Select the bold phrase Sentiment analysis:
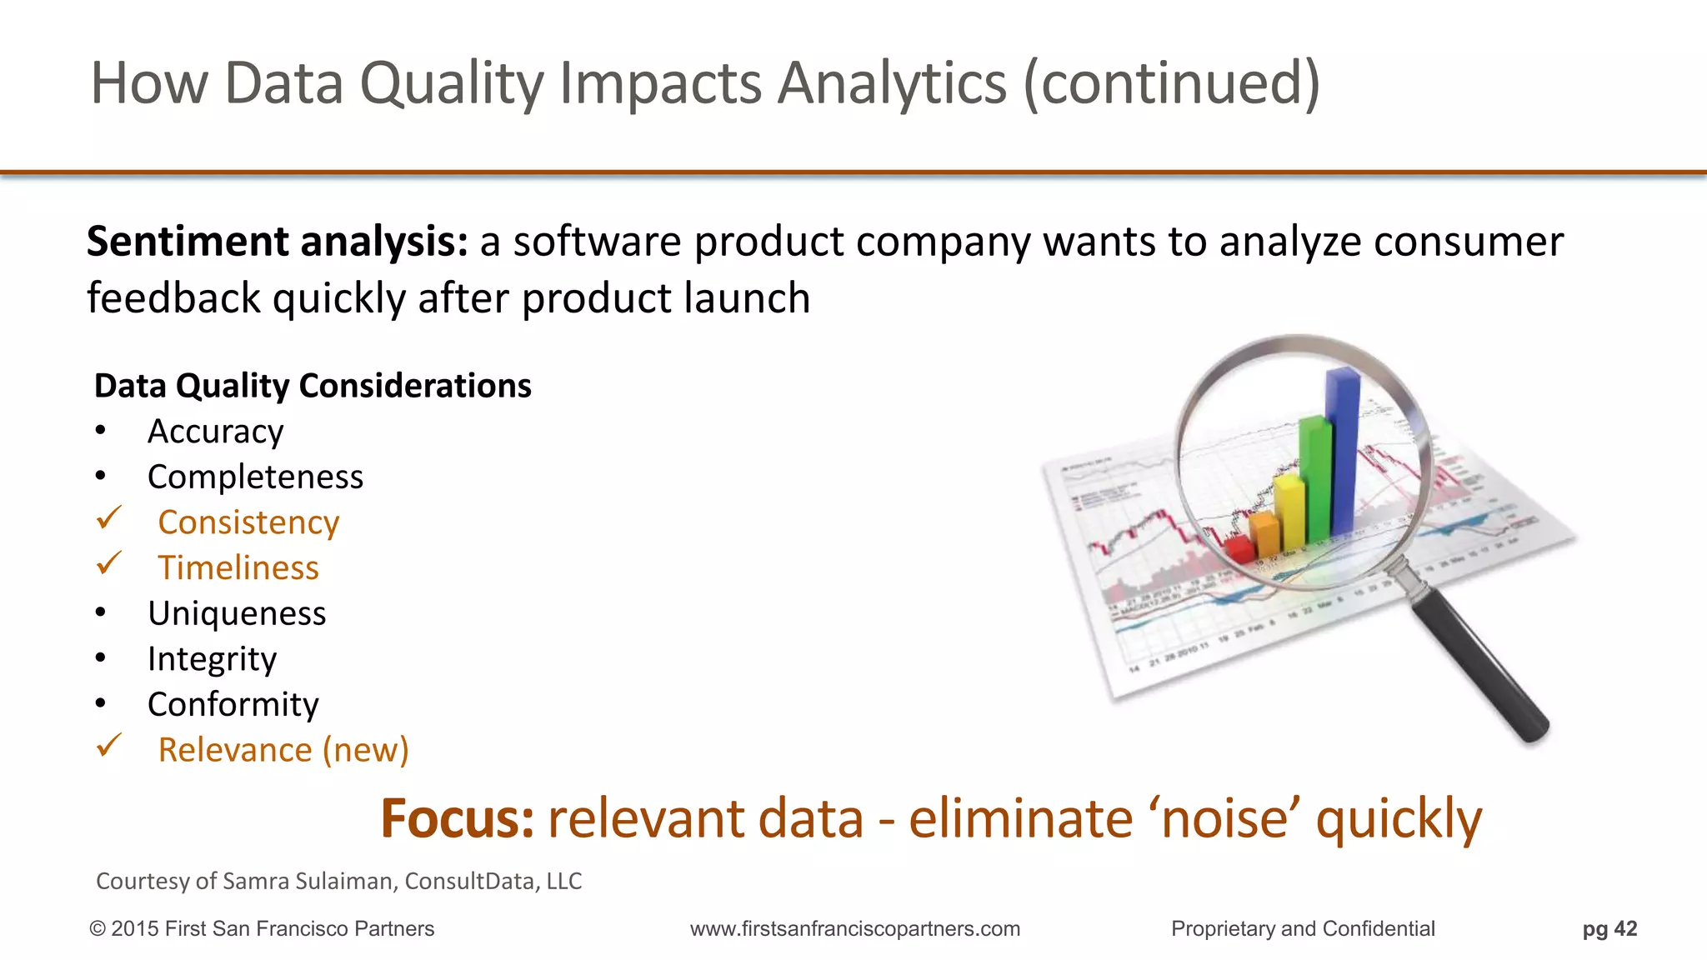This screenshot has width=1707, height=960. (278, 242)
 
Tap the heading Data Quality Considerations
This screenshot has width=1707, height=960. (313, 386)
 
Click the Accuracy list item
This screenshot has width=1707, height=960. (215, 432)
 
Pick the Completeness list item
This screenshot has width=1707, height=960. (255, 477)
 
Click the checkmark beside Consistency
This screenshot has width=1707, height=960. (109, 518)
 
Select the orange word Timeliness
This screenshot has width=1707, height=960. (238, 567)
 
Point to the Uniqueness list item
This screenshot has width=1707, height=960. (237, 613)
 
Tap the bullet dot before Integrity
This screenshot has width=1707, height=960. (101, 658)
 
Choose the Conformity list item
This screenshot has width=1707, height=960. (233, 704)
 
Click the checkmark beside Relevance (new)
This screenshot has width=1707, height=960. (109, 745)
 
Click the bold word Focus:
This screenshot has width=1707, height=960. (457, 818)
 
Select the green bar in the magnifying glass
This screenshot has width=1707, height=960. (1314, 479)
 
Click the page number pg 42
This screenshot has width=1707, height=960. (1609, 928)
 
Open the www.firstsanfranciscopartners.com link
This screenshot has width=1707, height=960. (854, 928)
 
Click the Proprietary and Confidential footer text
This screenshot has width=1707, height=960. (1302, 928)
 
